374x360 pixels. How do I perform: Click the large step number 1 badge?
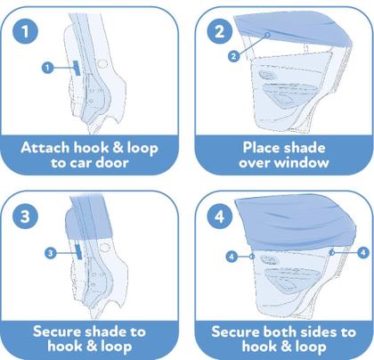coord(25,31)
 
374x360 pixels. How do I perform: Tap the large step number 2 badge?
coord(220,31)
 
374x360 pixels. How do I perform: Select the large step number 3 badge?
coord(25,216)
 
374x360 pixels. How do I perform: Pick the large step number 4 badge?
coord(220,216)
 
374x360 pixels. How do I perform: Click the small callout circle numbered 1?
coord(47,68)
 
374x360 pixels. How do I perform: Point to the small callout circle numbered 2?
coord(234,56)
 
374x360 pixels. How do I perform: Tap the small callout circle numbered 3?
coord(51,253)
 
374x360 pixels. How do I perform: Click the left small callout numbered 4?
coord(232,256)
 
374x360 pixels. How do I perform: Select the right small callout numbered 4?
coord(362,252)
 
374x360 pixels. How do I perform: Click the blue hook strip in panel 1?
coord(77,68)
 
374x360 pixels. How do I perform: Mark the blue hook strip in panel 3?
coord(78,251)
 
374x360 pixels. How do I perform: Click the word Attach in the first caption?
coord(45,148)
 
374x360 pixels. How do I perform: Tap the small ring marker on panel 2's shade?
coord(267,35)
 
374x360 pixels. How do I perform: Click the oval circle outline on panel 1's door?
coord(102,64)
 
